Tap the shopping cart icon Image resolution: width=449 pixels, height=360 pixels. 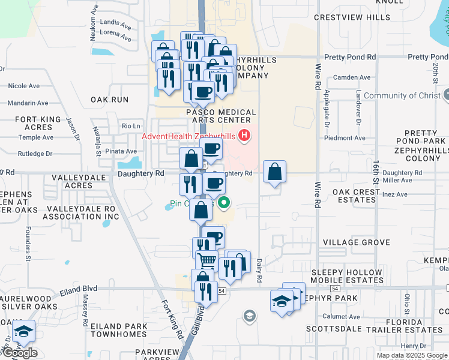206,261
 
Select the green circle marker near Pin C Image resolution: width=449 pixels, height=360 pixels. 224,203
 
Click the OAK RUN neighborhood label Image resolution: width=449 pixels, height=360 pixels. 110,99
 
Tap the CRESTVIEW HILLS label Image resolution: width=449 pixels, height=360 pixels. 352,18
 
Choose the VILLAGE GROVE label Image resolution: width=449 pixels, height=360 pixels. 357,242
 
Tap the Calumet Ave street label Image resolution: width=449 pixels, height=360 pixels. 342,317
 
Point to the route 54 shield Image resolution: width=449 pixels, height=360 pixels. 222,290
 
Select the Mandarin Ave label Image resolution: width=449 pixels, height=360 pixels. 28,103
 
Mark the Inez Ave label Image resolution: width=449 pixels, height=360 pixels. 394,194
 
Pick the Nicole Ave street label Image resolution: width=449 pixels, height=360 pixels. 24,86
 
